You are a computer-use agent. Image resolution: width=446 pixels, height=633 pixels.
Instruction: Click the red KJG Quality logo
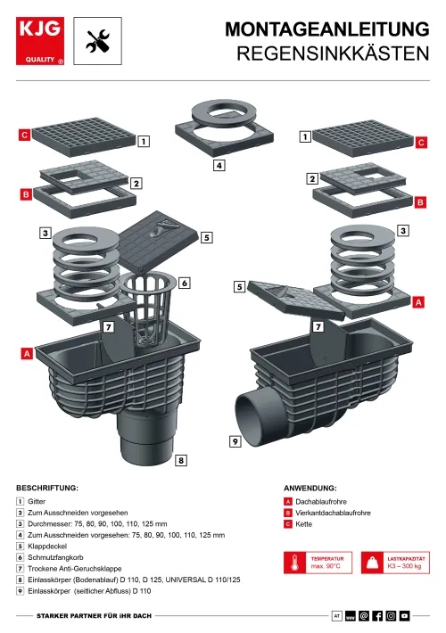pos(40,41)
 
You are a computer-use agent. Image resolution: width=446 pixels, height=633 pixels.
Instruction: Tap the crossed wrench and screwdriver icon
pos(98,41)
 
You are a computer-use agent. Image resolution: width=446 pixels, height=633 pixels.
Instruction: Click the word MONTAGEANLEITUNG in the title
pos(327,29)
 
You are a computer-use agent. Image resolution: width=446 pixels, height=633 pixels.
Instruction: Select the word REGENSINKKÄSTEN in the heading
pos(333,53)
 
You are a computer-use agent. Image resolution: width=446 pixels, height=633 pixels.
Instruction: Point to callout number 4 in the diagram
pos(219,165)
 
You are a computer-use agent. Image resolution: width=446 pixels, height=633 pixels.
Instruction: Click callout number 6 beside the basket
pos(185,283)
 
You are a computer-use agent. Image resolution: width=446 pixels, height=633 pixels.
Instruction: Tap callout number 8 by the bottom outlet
pos(181,460)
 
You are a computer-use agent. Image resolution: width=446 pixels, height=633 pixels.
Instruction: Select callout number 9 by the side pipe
pos(235,441)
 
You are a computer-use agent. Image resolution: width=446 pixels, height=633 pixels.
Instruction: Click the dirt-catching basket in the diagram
pos(148,309)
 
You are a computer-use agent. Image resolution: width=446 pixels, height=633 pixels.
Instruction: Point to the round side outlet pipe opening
pos(249,420)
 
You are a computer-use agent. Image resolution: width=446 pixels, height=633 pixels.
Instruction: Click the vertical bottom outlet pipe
pos(146,436)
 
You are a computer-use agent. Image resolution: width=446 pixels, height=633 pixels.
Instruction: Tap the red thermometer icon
pos(295,563)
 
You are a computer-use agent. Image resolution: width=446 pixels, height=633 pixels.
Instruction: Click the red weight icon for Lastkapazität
pos(372,563)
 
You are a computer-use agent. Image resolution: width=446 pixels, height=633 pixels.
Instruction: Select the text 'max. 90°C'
pos(326,566)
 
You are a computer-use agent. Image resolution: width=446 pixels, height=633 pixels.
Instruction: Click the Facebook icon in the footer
pos(377,616)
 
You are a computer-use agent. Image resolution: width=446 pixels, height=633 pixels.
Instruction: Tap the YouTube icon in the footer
pos(405,616)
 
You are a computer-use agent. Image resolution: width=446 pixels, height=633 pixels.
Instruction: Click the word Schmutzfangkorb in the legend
pos(55,557)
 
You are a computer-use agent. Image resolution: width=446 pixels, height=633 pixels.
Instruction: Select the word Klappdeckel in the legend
pos(47,547)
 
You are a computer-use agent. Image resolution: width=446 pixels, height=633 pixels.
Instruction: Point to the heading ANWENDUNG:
pos(310,488)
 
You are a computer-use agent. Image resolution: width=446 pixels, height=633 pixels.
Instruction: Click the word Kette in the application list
pos(304,524)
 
